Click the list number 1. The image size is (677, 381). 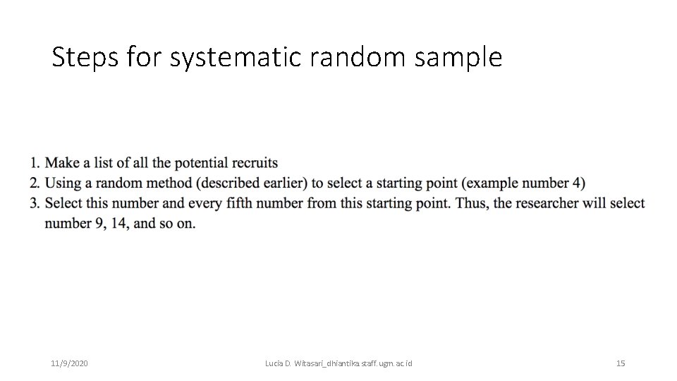(34, 163)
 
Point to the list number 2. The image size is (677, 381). (34, 183)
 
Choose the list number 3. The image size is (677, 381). (34, 204)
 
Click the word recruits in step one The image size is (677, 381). (255, 163)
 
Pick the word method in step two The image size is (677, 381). (167, 183)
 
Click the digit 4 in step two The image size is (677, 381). (577, 183)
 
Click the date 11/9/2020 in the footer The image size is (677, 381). (69, 363)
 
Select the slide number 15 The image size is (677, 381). (621, 363)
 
